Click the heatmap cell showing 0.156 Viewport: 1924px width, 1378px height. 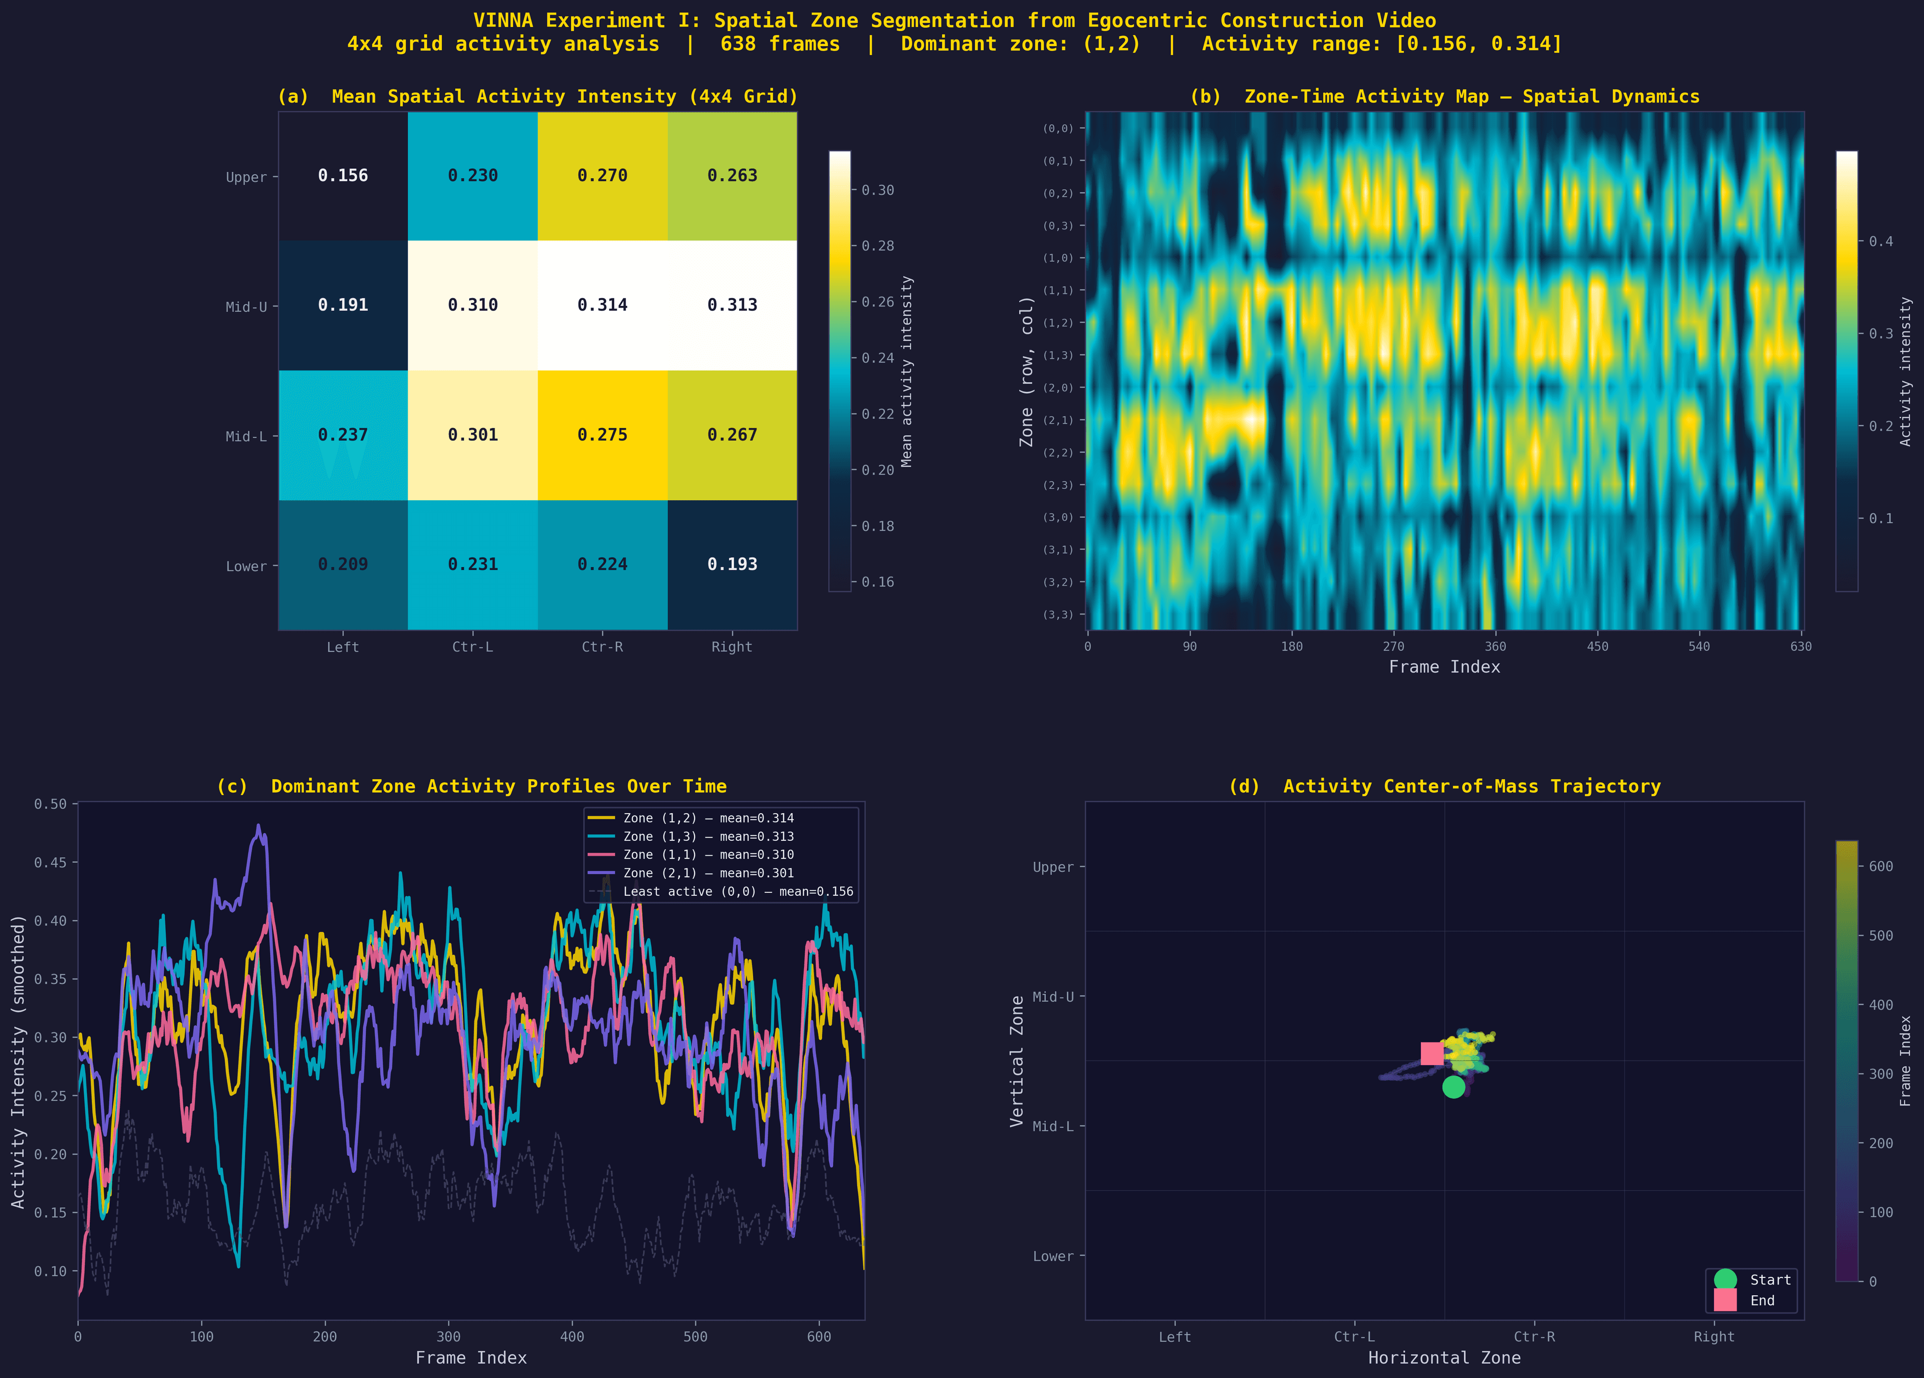[343, 176]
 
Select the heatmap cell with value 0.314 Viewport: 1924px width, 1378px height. [602, 305]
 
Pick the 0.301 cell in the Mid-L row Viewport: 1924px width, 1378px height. [472, 435]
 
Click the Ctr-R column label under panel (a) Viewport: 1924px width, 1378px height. [602, 647]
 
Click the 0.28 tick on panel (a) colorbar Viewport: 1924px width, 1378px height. [877, 246]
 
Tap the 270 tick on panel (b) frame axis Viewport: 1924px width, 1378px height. [1393, 646]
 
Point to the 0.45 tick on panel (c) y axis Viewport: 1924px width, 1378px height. [50, 862]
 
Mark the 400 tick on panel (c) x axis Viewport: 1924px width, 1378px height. [572, 1336]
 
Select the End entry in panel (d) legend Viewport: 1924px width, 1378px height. [1761, 1300]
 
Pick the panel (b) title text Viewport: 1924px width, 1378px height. [1444, 97]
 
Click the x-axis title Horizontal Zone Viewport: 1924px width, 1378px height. [1444, 1357]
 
